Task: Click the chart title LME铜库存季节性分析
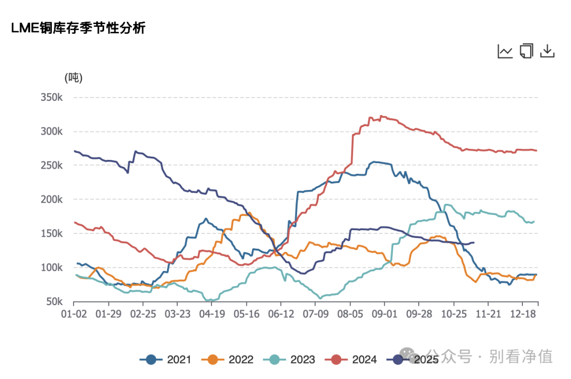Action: [78, 29]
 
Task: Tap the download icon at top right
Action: [547, 51]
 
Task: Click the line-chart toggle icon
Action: [505, 51]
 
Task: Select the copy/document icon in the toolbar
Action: [526, 51]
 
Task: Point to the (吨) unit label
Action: [73, 78]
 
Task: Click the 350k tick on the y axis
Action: [52, 98]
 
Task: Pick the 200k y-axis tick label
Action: [52, 200]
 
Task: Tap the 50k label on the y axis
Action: [54, 302]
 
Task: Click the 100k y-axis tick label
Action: [52, 268]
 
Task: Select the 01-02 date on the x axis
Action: [73, 314]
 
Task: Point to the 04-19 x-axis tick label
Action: [211, 314]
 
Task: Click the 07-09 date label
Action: [315, 314]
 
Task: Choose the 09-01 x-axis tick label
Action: [384, 314]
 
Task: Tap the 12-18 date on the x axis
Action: [522, 314]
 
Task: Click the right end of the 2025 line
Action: [474, 242]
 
